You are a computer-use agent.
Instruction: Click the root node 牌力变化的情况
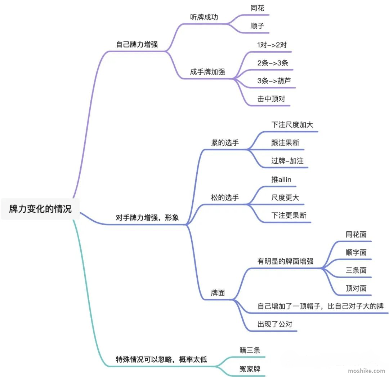40,209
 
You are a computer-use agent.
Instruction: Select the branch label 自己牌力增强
137,44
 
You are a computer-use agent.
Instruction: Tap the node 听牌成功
204,17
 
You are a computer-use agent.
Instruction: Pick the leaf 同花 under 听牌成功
257,8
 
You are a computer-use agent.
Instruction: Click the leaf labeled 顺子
257,26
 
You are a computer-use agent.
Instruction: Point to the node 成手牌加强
207,72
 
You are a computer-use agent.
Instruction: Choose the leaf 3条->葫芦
274,81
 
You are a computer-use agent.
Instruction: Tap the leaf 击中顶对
271,99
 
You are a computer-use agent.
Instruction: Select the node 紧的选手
225,143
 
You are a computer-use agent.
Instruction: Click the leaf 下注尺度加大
292,125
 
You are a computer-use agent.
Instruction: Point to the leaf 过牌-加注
287,161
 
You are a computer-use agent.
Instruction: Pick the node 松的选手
225,198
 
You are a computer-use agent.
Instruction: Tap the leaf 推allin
281,179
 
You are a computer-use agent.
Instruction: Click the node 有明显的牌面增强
285,261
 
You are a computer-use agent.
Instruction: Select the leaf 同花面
356,234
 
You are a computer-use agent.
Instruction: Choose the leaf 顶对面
356,288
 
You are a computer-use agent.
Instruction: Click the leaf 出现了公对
275,324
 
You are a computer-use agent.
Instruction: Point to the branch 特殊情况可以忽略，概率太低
161,359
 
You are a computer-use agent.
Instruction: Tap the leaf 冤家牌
250,369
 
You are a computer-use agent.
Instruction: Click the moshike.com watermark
366,371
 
